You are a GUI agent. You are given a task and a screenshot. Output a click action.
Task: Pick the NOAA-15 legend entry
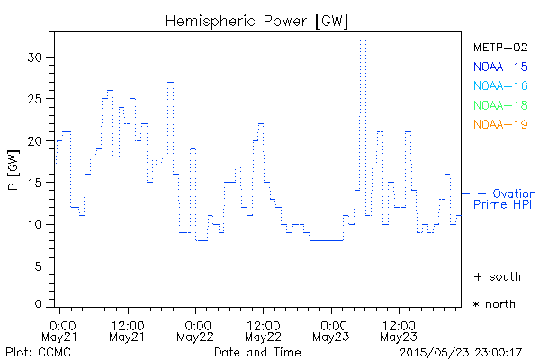click(x=499, y=67)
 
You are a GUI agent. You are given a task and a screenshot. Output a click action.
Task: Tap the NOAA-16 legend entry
click(x=499, y=85)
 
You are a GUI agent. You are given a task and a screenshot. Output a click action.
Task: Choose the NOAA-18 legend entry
click(x=499, y=105)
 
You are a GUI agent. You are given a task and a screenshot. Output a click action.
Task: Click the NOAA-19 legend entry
click(x=499, y=124)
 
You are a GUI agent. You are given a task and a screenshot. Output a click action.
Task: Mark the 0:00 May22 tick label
click(x=196, y=329)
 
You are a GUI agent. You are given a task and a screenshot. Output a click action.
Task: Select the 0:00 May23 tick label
click(x=332, y=329)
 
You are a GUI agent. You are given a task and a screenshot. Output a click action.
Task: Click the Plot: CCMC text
click(x=32, y=351)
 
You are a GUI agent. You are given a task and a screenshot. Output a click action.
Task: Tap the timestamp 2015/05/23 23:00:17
click(x=462, y=351)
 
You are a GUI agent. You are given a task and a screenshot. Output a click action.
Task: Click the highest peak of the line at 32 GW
click(x=363, y=40)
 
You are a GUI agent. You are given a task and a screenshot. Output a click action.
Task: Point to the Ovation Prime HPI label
click(x=506, y=200)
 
